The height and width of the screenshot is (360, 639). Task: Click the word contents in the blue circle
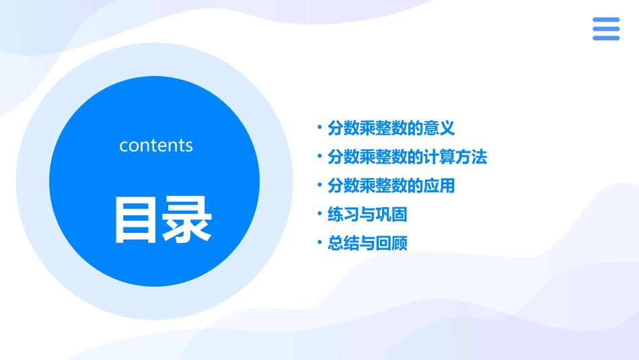(156, 145)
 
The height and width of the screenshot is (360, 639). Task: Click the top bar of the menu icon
(606, 20)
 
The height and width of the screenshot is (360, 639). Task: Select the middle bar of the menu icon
(606, 29)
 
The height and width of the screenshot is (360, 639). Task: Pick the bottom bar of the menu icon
(606, 38)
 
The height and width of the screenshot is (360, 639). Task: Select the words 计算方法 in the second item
(455, 157)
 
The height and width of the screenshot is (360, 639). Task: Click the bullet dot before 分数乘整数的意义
(319, 127)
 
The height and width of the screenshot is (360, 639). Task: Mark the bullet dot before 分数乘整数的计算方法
(319, 156)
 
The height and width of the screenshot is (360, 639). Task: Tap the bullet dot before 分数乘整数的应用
(319, 184)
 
